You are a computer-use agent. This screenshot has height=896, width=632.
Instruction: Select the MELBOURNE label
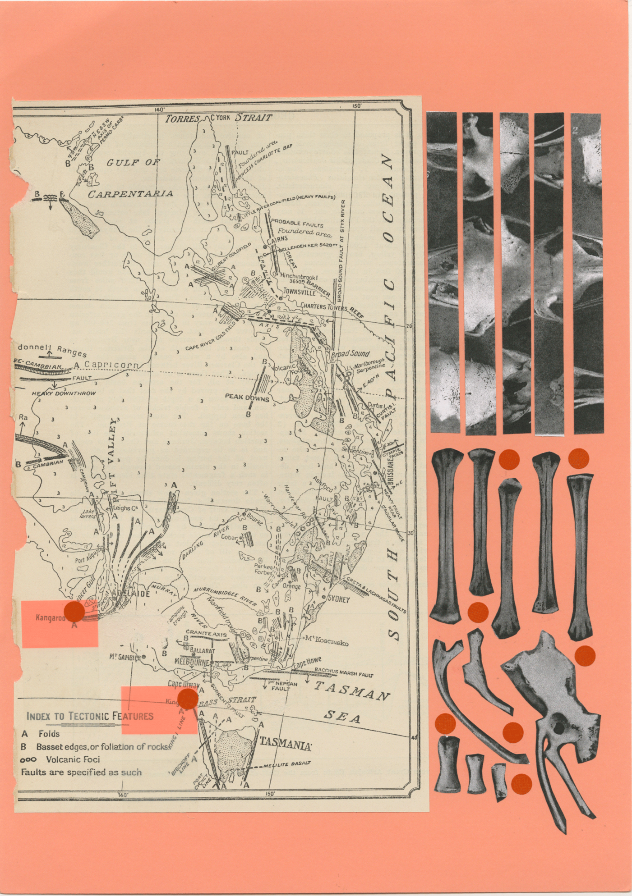(x=192, y=662)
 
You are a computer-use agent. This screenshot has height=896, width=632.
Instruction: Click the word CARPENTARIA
(x=130, y=194)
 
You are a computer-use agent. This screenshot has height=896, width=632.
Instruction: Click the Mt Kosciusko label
(x=327, y=640)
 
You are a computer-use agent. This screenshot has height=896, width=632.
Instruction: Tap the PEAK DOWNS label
(x=247, y=398)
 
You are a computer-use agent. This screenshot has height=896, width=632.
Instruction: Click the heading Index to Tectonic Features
(x=90, y=715)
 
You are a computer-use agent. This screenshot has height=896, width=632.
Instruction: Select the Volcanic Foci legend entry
(x=73, y=759)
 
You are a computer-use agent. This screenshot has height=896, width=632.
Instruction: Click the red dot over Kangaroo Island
(x=74, y=611)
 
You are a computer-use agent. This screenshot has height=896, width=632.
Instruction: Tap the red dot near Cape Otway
(x=187, y=699)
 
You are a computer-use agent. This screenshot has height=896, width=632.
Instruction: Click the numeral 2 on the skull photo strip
(x=575, y=131)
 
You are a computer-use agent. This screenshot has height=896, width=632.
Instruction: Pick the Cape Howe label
(x=307, y=663)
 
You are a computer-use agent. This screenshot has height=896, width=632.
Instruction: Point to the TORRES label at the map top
(x=182, y=119)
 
